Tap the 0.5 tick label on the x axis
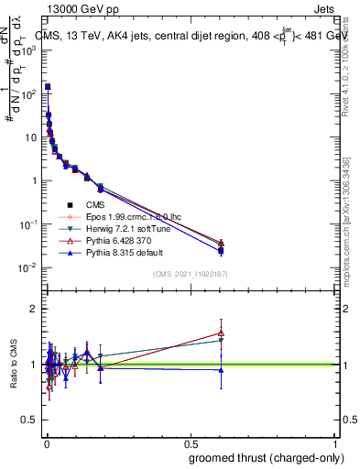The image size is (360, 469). click(x=191, y=442)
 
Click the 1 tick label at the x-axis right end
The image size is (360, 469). click(x=336, y=442)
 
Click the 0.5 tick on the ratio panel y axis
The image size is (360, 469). click(x=29, y=420)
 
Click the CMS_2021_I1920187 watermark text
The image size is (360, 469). click(x=190, y=274)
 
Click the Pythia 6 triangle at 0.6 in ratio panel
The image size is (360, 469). click(x=220, y=333)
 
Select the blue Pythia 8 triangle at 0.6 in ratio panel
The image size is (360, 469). click(x=220, y=370)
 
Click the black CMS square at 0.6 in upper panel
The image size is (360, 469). click(x=220, y=249)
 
